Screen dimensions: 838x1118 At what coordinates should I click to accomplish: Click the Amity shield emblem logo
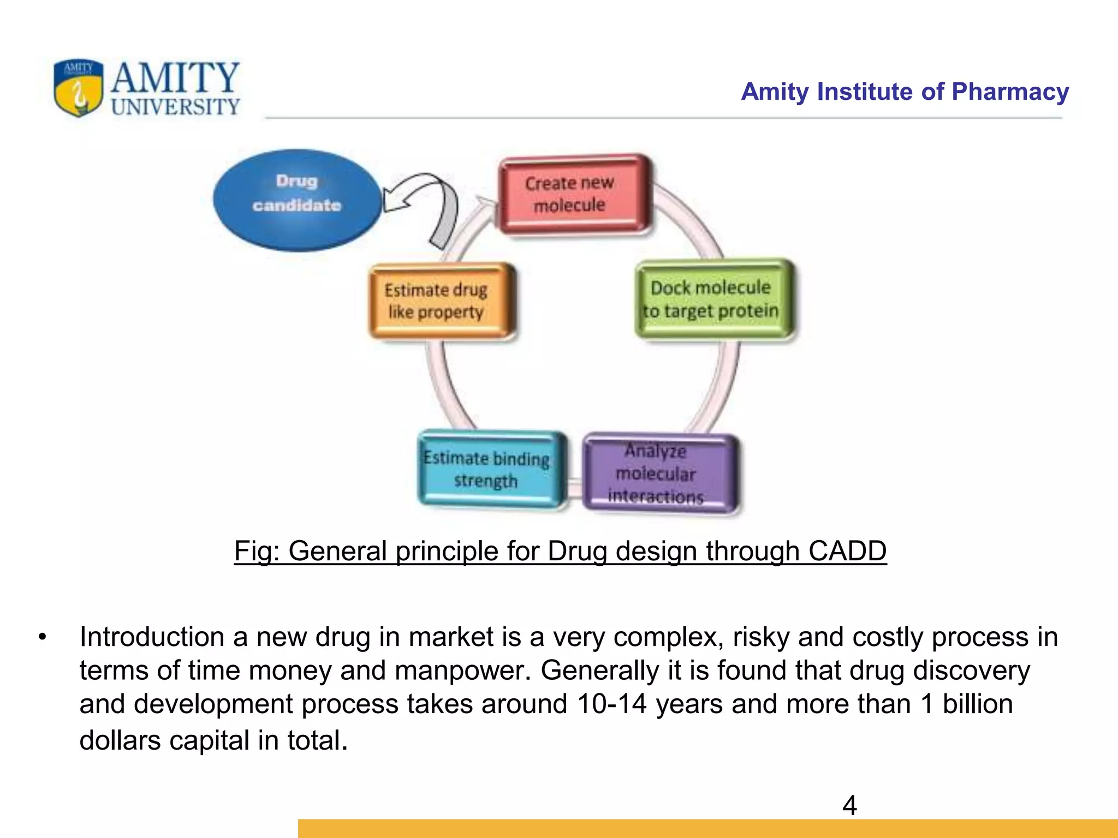pos(78,87)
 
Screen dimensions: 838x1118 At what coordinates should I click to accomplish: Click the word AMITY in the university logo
pos(175,77)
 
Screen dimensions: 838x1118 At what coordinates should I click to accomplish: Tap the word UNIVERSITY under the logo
pos(175,106)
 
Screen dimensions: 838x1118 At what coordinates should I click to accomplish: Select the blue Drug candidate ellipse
pos(297,200)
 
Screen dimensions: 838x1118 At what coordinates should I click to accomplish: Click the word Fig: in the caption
pos(257,551)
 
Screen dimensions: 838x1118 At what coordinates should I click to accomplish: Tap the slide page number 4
pos(849,805)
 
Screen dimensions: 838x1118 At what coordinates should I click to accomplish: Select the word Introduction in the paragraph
pos(151,637)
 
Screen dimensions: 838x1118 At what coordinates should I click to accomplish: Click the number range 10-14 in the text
pos(611,704)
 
